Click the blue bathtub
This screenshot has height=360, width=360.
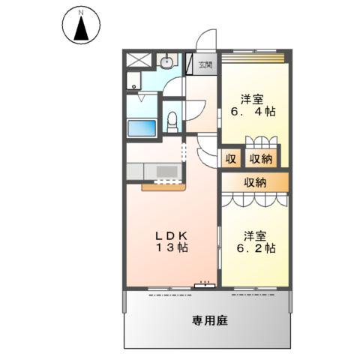pos(142,127)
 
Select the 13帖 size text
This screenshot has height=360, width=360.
pos(172,248)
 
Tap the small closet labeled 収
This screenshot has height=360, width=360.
pos(230,158)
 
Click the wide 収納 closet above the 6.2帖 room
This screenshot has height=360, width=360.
pos(255,181)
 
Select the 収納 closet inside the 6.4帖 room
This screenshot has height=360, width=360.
pos(262,158)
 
